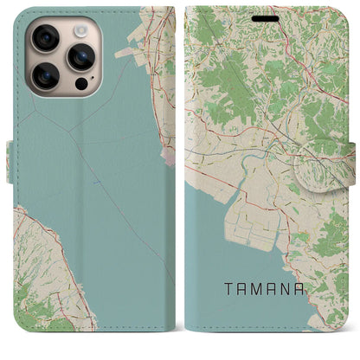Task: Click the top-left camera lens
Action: pos(45,38)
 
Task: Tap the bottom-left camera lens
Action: pos(45,76)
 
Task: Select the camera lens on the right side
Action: pos(80,57)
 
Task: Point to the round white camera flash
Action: pos(80,31)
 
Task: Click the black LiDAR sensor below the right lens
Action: pos(81,84)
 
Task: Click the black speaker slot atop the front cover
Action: pos(266,17)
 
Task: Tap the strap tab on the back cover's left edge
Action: pos(10,162)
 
